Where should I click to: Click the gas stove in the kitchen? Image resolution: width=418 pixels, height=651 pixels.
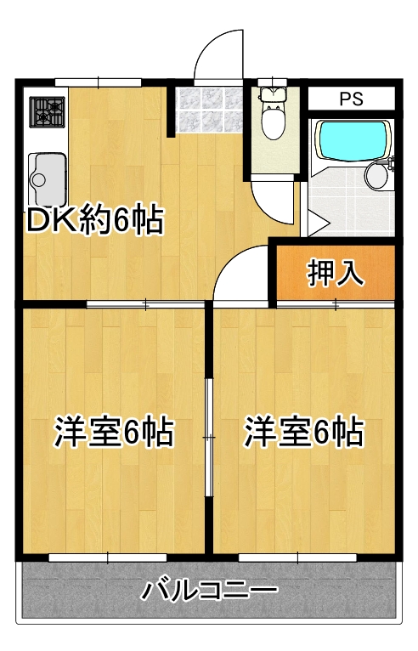(47, 112)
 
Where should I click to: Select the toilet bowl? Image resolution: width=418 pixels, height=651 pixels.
(273, 113)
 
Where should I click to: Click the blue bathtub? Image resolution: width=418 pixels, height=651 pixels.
(353, 139)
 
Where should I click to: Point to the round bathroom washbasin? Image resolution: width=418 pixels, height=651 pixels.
(376, 175)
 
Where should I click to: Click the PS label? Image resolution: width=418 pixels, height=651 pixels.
(351, 99)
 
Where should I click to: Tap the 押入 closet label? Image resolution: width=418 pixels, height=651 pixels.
(336, 273)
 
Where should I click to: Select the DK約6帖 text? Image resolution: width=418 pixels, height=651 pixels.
(95, 219)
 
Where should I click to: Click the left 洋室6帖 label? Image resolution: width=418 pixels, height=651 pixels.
(114, 433)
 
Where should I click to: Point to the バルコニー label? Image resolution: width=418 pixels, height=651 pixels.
(209, 591)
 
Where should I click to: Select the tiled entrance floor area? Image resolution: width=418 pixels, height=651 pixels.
(208, 110)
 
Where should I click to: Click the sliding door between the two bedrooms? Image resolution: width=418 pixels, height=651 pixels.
(209, 437)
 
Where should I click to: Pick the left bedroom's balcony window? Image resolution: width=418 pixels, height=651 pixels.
(108, 558)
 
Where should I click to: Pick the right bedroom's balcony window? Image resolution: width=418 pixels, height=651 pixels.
(297, 558)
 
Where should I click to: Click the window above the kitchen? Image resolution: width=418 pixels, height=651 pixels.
(99, 82)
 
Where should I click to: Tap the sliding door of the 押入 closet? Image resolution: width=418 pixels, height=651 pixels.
(336, 305)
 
